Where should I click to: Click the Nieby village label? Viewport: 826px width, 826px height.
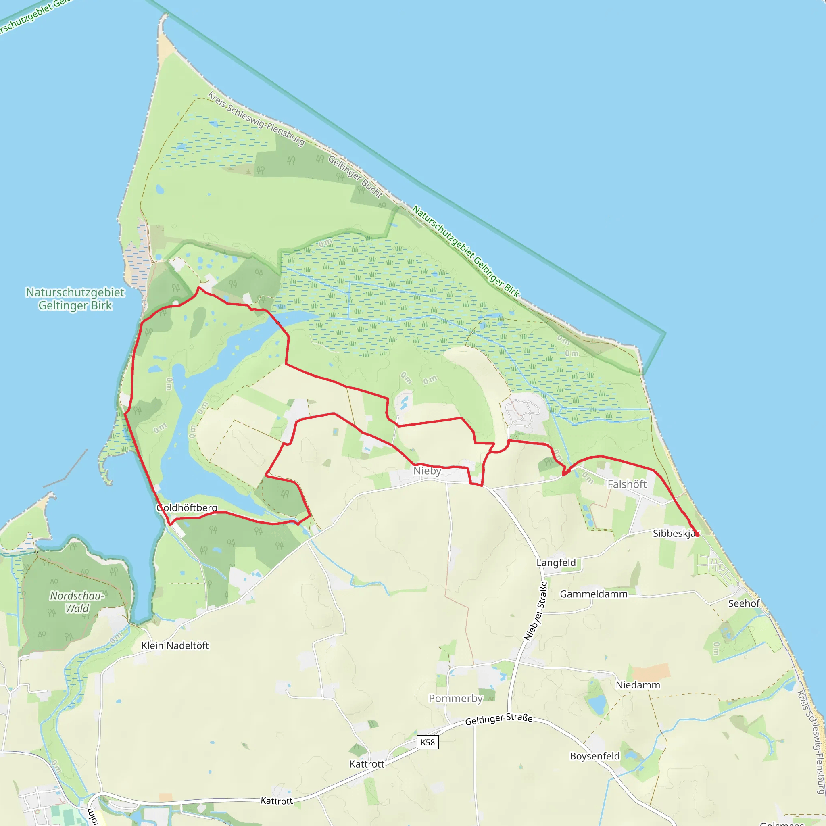(x=427, y=471)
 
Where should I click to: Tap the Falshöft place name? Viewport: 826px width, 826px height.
(x=627, y=484)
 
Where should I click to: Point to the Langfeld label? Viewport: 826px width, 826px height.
(x=556, y=563)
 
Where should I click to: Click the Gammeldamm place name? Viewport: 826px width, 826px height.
(x=593, y=594)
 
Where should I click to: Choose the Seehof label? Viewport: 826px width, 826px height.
(x=744, y=603)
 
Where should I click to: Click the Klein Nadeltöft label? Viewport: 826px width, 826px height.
(x=175, y=645)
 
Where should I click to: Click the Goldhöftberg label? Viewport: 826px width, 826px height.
(x=187, y=507)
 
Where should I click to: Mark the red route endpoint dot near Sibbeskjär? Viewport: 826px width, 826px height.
(x=697, y=534)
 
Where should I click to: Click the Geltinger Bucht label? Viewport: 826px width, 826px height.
(x=355, y=177)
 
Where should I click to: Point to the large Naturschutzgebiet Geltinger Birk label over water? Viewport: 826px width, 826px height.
(x=75, y=299)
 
